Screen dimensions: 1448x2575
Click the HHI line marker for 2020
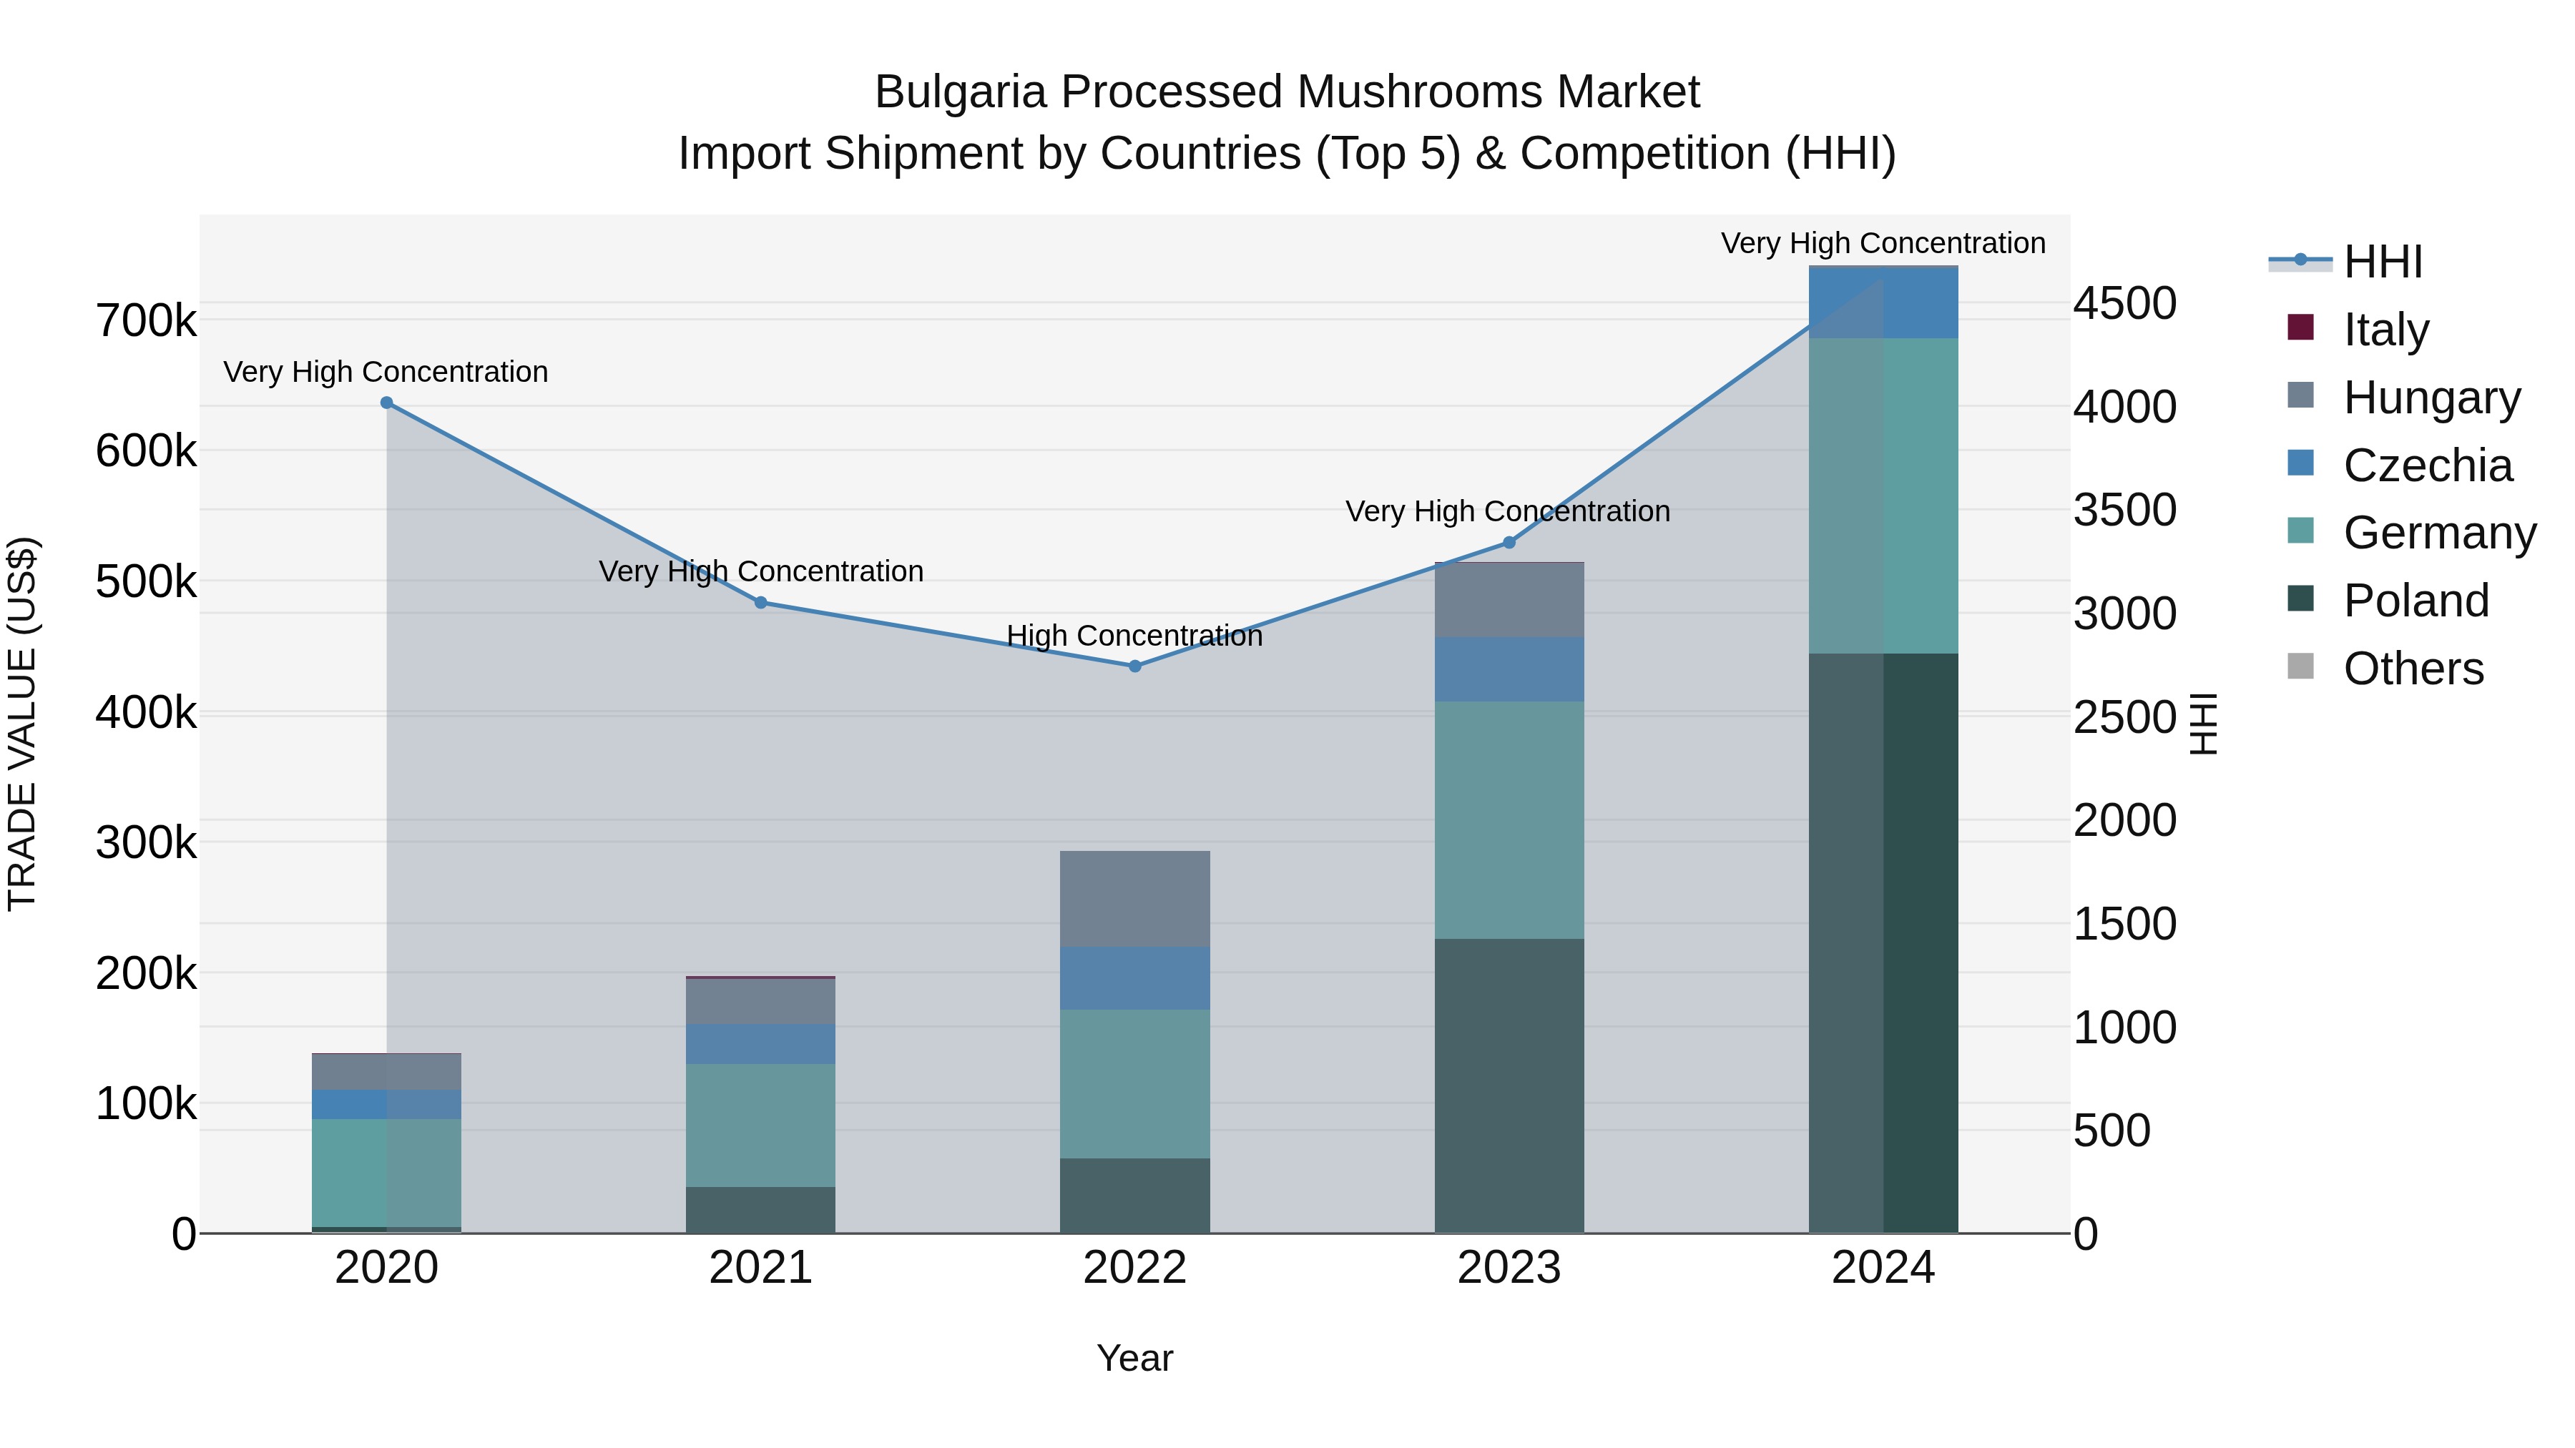(387, 403)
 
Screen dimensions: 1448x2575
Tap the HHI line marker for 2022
(1134, 666)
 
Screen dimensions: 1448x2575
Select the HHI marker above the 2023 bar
(1509, 543)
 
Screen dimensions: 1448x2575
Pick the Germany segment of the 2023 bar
(1509, 819)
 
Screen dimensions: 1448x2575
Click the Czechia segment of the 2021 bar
(761, 1043)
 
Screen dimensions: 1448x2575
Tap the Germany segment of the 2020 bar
(387, 1171)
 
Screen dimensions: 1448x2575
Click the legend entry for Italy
(2385, 330)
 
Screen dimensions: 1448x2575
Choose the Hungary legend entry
(2431, 398)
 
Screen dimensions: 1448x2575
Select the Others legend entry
(2413, 669)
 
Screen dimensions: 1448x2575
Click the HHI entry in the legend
(2382, 262)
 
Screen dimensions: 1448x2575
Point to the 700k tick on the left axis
(146, 321)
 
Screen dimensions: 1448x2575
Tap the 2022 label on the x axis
(1134, 1268)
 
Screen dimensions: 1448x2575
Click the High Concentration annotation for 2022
(1134, 636)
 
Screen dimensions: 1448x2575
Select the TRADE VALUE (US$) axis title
(22, 724)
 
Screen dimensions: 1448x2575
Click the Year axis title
(1134, 1358)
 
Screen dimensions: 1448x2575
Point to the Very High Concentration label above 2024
(1883, 243)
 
